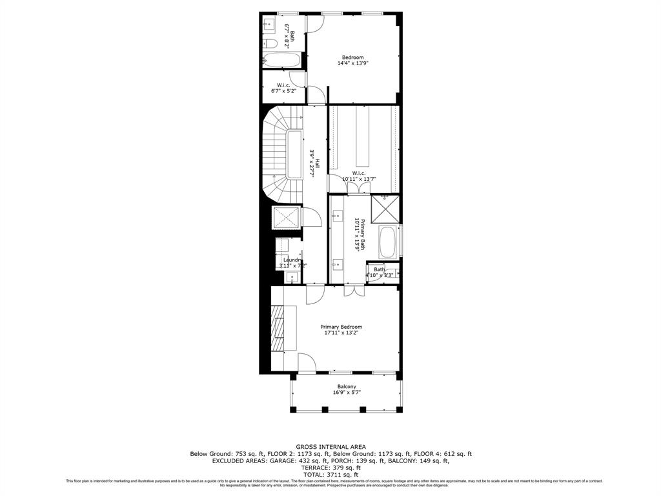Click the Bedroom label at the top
[x=353, y=57]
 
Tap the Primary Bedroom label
[x=341, y=327]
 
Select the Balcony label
[x=347, y=386]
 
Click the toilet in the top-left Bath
[x=271, y=44]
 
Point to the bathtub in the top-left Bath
[x=282, y=61]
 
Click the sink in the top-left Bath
[x=270, y=25]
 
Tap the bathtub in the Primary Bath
[x=389, y=241]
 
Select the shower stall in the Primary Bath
[x=385, y=209]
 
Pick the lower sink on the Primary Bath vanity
[x=337, y=263]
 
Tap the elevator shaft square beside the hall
[x=287, y=217]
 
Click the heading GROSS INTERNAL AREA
[x=330, y=446]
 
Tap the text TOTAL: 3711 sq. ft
[x=330, y=475]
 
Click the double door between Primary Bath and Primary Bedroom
[x=349, y=291]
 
